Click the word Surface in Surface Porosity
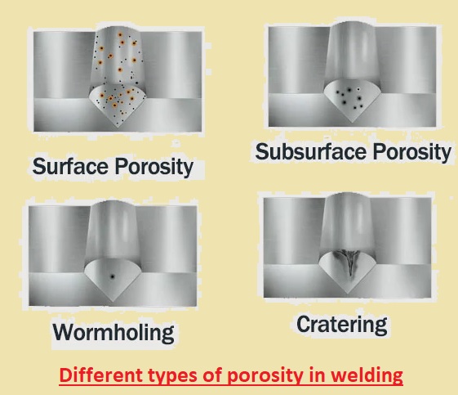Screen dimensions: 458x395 70,166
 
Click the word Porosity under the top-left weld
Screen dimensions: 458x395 154,167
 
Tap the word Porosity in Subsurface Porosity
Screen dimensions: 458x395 412,152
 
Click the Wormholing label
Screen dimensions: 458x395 113,333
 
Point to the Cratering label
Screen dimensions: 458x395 342,325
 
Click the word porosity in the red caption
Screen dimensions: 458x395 265,376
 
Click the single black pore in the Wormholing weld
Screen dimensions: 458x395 112,276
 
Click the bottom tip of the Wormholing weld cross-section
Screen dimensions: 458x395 113,302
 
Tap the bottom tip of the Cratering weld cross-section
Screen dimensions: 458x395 347,293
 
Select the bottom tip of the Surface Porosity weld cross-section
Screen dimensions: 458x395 118,128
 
